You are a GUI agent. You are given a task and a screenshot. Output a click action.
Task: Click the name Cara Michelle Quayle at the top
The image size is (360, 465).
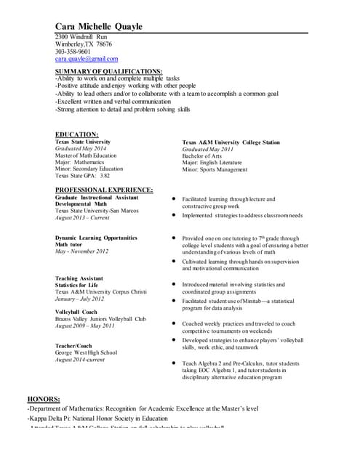click(99, 27)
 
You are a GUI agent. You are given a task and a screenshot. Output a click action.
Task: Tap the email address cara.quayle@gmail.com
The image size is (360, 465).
click(86, 59)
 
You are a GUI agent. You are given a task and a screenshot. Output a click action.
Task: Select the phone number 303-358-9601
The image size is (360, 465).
click(73, 52)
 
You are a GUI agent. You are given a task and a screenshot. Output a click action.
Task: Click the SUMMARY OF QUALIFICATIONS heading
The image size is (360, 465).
click(108, 71)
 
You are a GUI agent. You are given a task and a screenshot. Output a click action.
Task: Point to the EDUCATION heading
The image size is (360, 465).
click(76, 134)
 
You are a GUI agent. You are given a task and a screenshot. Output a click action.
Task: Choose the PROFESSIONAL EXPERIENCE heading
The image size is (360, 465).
click(104, 190)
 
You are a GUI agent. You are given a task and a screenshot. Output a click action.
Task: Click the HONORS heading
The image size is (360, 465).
click(44, 400)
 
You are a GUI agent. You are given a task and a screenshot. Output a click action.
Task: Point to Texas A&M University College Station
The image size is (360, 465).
click(231, 142)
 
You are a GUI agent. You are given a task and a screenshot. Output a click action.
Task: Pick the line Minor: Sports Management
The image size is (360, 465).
click(215, 169)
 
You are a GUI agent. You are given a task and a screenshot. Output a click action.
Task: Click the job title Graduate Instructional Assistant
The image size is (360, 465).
click(97, 198)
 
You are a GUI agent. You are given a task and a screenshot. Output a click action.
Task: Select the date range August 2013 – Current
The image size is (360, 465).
click(82, 218)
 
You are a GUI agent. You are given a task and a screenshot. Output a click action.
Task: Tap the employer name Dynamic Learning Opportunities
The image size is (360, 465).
click(96, 238)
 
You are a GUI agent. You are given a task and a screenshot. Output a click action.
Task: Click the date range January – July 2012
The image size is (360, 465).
click(79, 299)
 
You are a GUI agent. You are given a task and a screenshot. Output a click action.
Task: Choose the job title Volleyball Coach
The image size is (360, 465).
click(76, 312)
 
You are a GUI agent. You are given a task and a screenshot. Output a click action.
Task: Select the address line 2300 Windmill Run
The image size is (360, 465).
click(81, 36)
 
